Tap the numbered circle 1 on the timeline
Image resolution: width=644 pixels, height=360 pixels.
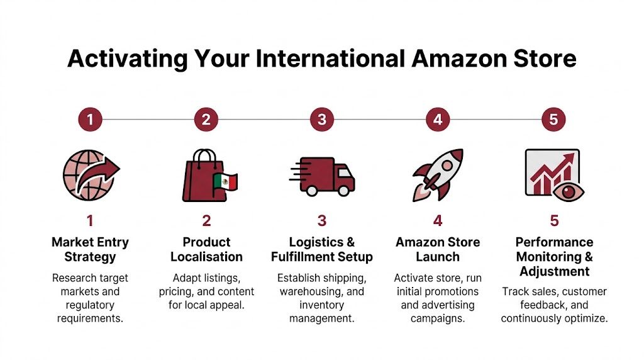pos(90,119)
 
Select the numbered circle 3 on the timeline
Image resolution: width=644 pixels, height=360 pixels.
pos(322,119)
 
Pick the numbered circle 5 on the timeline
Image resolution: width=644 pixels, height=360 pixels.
pos(553,119)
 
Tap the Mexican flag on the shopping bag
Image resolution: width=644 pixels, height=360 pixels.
pos(225,183)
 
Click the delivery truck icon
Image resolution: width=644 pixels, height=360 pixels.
pos(322,175)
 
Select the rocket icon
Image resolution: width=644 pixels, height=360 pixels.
pos(437,174)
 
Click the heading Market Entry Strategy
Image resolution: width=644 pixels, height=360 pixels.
pos(90,249)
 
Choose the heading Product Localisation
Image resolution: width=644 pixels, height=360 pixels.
pos(206,249)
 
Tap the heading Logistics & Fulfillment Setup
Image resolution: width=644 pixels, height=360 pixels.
pos(322,249)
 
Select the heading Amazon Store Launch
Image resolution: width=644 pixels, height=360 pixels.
pos(438,249)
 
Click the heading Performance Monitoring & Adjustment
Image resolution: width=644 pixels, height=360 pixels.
pos(554,257)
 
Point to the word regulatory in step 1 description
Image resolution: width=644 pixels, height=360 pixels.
pos(90,305)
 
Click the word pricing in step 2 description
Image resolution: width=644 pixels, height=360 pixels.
pos(179,291)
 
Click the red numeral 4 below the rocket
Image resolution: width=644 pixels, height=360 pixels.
pos(438,220)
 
